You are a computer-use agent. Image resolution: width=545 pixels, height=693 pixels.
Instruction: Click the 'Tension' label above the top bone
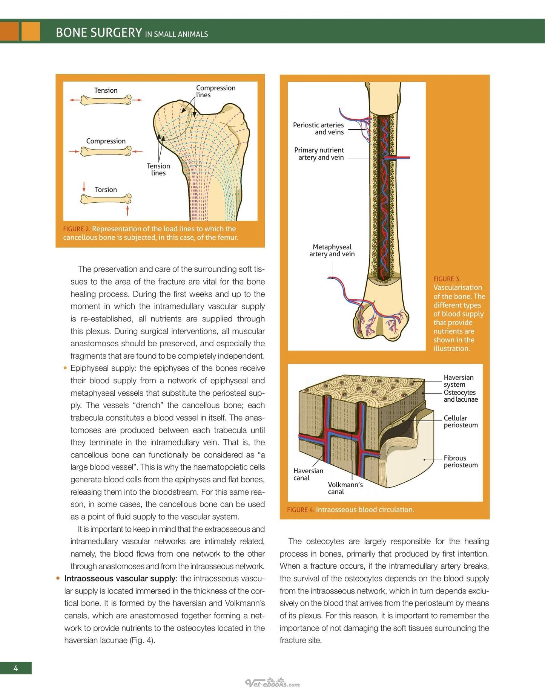point(106,90)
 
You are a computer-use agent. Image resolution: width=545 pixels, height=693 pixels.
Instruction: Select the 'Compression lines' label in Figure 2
point(216,91)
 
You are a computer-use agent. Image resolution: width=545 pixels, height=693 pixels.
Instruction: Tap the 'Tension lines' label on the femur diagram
point(158,170)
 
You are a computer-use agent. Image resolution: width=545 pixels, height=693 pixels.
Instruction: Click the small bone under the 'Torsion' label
point(106,199)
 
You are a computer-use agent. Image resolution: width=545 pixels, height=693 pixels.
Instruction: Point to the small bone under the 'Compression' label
point(106,151)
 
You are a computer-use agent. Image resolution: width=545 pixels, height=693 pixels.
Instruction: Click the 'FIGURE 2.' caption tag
point(77,229)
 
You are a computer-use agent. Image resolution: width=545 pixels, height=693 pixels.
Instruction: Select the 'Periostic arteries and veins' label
point(318,129)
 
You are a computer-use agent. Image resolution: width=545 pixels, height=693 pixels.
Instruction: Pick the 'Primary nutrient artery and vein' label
point(319,154)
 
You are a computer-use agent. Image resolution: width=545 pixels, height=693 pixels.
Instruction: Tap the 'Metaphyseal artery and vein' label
point(332,251)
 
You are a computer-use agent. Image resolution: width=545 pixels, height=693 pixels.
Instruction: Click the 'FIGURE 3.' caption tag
point(447,279)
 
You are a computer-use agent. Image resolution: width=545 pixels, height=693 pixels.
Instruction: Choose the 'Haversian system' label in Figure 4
point(458,381)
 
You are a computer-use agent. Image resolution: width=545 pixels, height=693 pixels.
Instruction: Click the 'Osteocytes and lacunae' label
point(461,396)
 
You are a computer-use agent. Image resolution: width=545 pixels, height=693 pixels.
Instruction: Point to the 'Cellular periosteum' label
point(461,422)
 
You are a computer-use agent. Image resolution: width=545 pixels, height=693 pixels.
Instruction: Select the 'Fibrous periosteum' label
point(461,462)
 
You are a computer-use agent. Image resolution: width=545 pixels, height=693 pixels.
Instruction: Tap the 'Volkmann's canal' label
point(345,488)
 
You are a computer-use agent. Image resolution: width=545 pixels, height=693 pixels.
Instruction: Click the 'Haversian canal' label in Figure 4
point(308,474)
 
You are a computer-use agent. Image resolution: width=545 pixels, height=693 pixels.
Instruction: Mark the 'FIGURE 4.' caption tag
point(301,510)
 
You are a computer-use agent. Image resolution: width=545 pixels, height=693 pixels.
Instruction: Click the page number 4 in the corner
point(15,668)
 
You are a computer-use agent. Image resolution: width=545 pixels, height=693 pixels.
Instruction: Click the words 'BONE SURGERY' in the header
point(99,32)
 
